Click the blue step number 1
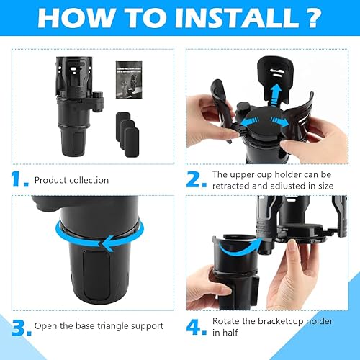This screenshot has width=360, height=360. coord(22,179)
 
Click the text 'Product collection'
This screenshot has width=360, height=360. coord(71,180)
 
